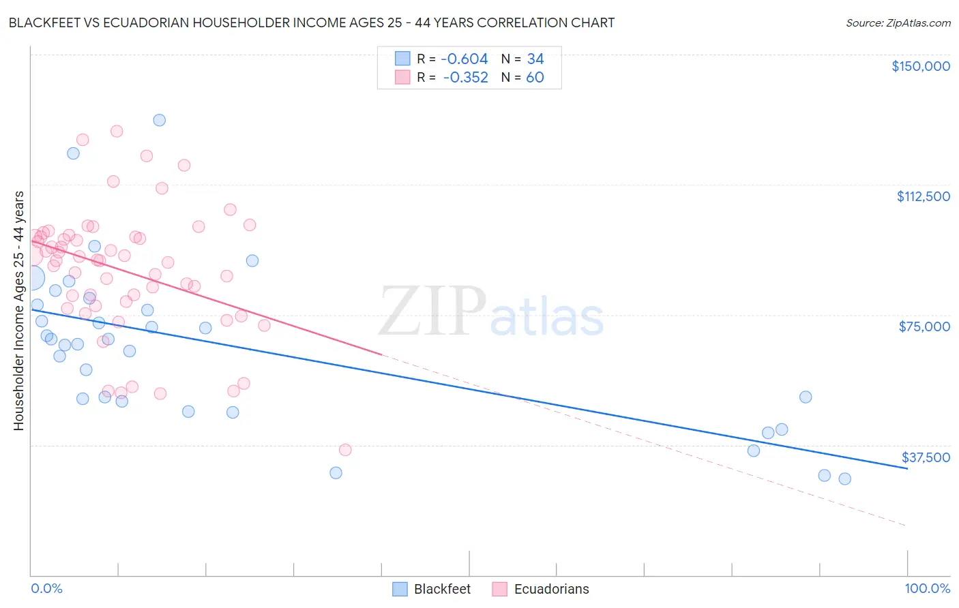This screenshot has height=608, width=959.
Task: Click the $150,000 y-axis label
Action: tap(920, 66)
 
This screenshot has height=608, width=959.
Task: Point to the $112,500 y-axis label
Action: tap(923, 196)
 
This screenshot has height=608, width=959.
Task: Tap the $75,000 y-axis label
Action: tap(924, 326)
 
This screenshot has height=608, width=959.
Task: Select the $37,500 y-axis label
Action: tap(926, 457)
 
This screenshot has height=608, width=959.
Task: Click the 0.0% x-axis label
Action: tap(46, 589)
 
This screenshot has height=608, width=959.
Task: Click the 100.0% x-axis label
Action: tap(927, 589)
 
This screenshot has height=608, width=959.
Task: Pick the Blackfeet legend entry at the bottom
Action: tap(432, 589)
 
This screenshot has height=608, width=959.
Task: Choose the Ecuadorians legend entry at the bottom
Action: tap(540, 589)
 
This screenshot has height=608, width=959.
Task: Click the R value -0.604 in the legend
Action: tap(464, 59)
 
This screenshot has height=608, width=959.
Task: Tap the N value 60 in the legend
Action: tap(535, 78)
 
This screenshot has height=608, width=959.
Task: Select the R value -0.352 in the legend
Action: tap(465, 78)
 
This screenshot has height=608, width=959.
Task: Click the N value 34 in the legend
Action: tap(535, 59)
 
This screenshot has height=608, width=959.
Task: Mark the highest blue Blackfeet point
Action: tap(160, 120)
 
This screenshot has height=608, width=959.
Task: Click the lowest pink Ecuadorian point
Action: tap(345, 450)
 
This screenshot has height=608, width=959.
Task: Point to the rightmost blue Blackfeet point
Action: tap(844, 478)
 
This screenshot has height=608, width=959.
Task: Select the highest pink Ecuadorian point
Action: tap(117, 131)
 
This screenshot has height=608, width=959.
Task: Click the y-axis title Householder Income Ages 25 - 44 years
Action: tap(18, 310)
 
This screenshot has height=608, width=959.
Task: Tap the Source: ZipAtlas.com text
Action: tap(898, 23)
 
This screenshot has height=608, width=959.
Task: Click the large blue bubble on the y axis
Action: tap(31, 277)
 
